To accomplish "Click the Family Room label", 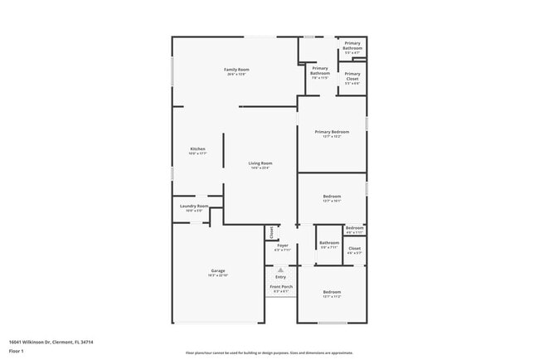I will tap(236, 69).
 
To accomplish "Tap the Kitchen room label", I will tap(197, 148).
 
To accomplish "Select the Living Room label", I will tap(260, 163).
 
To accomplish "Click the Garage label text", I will tap(218, 270).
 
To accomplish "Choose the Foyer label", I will tap(282, 245).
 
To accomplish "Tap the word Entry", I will tap(280, 277).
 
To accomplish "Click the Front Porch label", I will tap(280, 286).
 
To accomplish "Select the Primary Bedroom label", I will tap(332, 132).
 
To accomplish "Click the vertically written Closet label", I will tap(270, 232).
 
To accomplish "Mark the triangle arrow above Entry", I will tap(280, 270).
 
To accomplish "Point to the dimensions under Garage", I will tap(218, 275).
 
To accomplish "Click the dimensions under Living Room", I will tap(260, 168).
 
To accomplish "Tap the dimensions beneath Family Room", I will tap(236, 74).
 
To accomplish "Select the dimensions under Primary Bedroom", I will tap(332, 137).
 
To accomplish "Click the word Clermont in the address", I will tap(61, 341).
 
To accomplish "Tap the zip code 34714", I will tap(87, 341).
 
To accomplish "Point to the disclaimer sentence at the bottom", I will tap(269, 352).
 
